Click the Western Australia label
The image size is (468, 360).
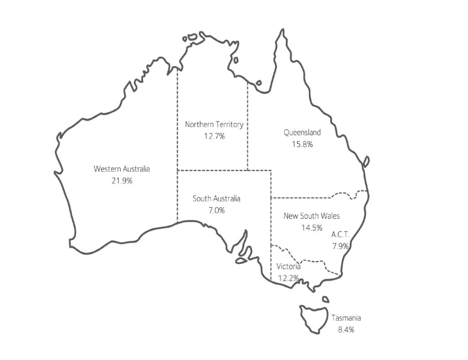(122, 169)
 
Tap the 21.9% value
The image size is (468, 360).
(122, 181)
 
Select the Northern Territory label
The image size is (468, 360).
(214, 124)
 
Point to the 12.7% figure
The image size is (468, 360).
(214, 136)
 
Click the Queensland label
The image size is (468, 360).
(302, 133)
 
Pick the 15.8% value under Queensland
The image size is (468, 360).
(302, 145)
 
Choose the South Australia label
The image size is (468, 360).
(216, 198)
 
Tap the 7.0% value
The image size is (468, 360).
(216, 210)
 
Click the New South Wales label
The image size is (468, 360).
(312, 216)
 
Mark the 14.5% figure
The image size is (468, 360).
(312, 227)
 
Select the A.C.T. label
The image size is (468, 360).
(340, 235)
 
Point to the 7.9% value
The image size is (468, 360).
(341, 246)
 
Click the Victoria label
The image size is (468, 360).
(288, 266)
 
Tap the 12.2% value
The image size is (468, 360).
(288, 278)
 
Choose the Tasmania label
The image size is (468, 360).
(346, 318)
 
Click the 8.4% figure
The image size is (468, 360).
(346, 329)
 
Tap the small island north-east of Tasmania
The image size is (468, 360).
(325, 300)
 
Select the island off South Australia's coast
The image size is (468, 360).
(240, 261)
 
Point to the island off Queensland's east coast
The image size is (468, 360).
(366, 161)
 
